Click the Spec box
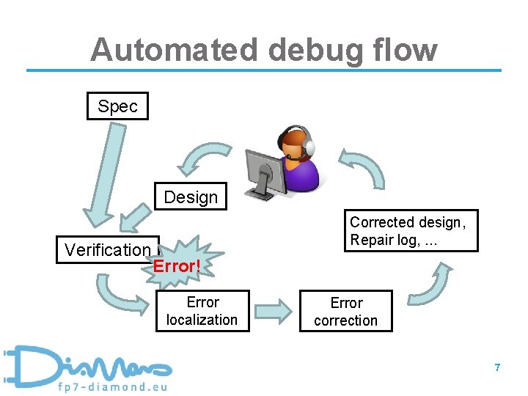point(117,106)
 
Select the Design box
point(191,197)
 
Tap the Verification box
point(107,249)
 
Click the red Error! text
point(177,266)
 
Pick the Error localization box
point(202,311)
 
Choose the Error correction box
point(346,311)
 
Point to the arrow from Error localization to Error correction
point(273,311)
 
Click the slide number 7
point(497,367)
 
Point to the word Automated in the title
point(174,50)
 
